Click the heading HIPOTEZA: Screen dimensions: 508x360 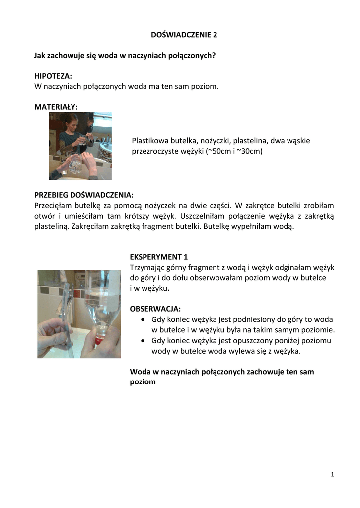53,76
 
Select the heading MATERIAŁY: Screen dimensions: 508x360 56,106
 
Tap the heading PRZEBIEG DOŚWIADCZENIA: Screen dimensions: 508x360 84,194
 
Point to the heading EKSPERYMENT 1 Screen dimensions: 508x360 159,257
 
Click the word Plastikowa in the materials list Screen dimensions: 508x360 148,141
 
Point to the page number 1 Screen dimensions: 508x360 332,475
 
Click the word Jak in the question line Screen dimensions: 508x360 40,55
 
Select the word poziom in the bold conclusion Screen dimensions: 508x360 143,382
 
